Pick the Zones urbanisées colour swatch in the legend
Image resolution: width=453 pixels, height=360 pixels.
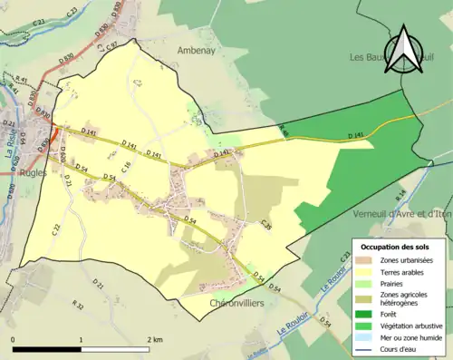[365, 259]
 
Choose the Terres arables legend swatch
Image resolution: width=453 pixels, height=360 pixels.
[365, 270]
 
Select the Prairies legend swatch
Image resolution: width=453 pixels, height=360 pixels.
[365, 282]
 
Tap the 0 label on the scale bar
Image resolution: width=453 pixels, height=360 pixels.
[14, 340]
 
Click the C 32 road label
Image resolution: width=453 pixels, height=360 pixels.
[54, 229]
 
